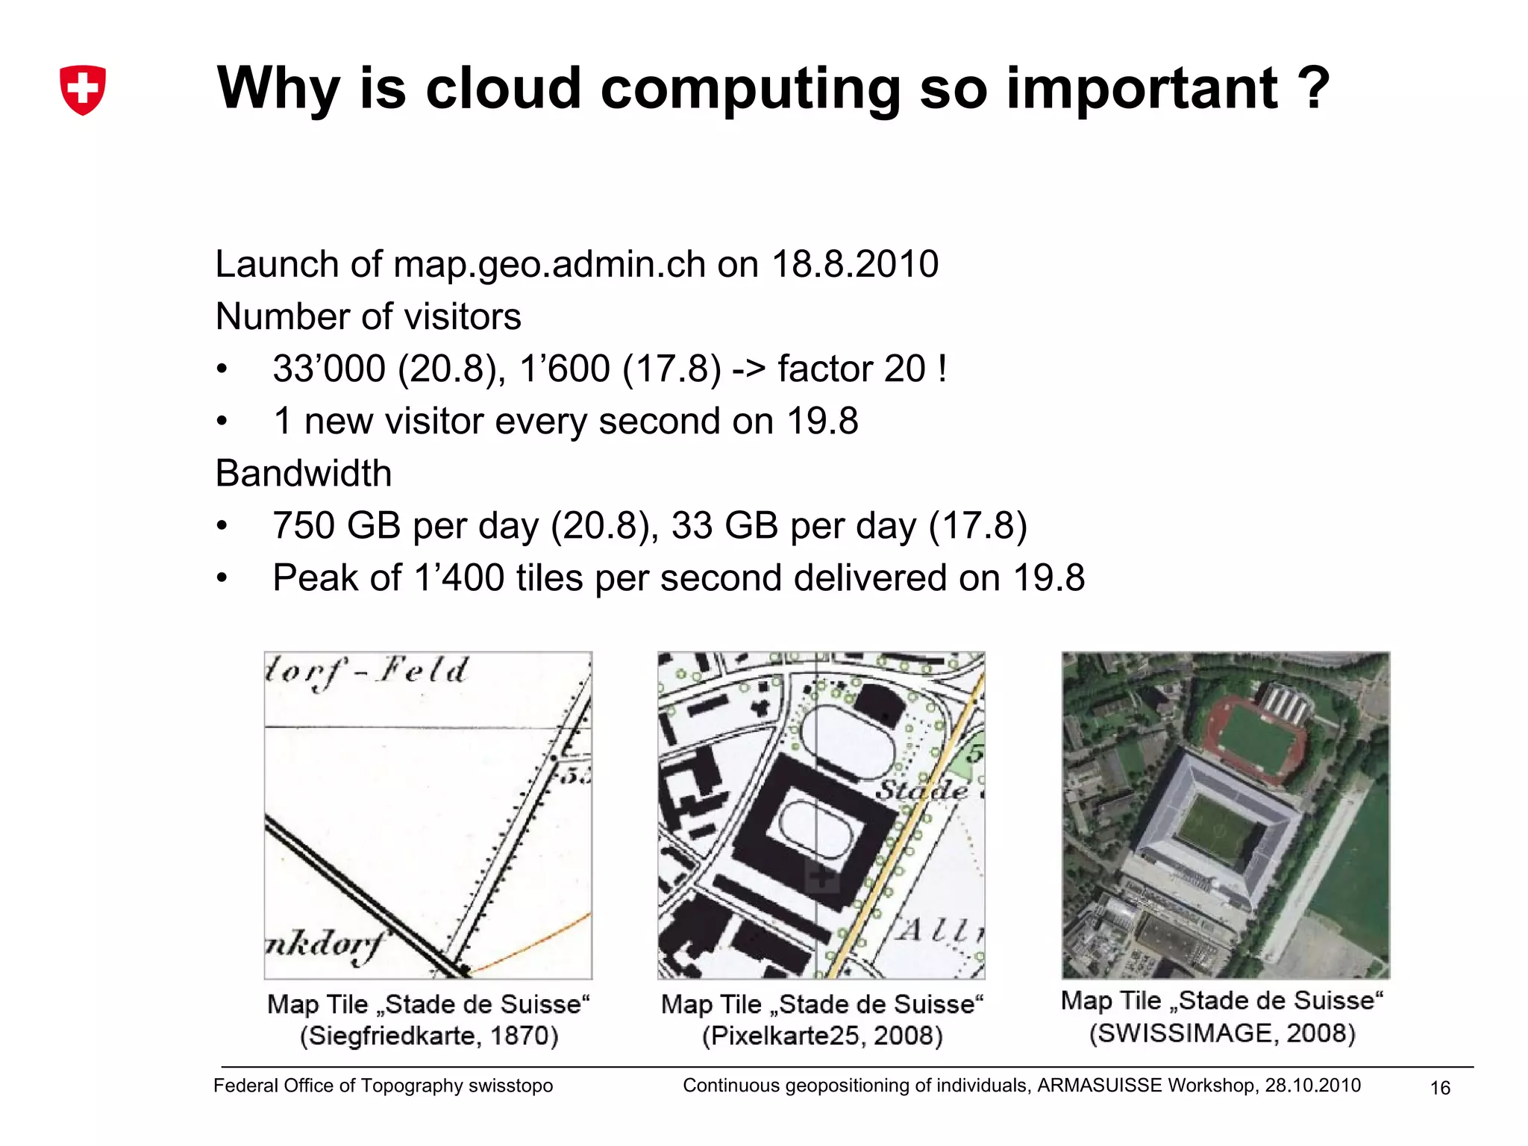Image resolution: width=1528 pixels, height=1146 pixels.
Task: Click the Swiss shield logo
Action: pyautogui.click(x=82, y=90)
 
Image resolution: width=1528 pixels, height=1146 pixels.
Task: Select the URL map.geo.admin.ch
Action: pyautogui.click(x=549, y=264)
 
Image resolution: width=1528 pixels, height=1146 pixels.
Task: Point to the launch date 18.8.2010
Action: pyautogui.click(x=855, y=264)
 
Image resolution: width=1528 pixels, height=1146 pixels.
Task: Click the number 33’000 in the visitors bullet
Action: pyautogui.click(x=329, y=369)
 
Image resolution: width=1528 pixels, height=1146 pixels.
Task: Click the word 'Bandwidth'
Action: pyautogui.click(x=304, y=473)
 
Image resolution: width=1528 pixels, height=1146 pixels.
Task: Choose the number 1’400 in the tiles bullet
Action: pyautogui.click(x=459, y=577)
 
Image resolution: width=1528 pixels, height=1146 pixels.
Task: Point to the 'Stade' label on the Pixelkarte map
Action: pyautogui.click(x=922, y=789)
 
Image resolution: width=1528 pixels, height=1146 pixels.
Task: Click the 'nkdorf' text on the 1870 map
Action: pyautogui.click(x=325, y=945)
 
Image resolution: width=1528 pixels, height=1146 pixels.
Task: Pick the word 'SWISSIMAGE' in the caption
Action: pyautogui.click(x=1183, y=1033)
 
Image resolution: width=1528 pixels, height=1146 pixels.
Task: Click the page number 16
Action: pyautogui.click(x=1440, y=1088)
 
